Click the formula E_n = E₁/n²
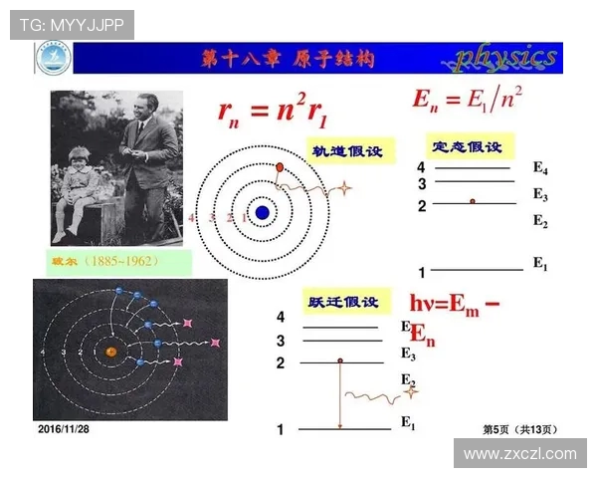tap(469, 99)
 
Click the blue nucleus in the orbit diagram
tap(262, 211)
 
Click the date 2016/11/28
tap(64, 428)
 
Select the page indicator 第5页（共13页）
tap(519, 429)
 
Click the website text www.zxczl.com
tap(519, 454)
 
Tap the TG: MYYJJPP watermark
tap(73, 25)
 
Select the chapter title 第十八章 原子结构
tap(288, 59)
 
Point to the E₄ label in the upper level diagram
tap(540, 168)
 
